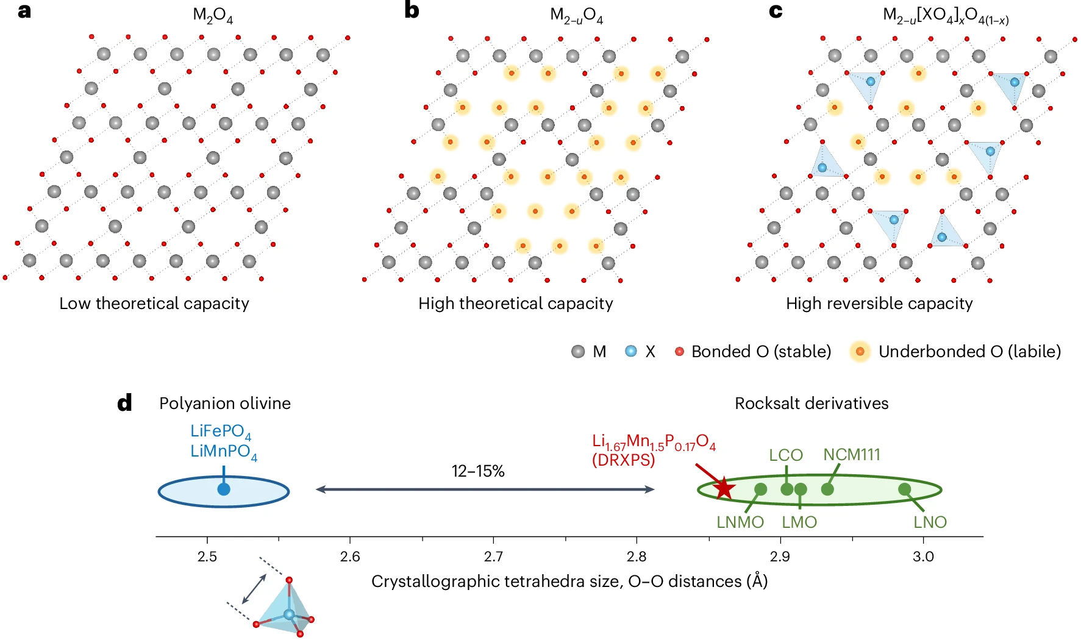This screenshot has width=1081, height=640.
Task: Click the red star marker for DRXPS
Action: pos(724,488)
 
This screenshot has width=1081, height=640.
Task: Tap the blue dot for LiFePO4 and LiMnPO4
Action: pos(224,489)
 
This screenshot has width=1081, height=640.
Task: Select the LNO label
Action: pos(930,522)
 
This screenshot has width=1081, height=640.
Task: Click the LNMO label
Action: pos(740,522)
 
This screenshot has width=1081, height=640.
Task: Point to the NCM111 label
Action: pos(852,455)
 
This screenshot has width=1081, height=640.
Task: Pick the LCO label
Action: pos(785,455)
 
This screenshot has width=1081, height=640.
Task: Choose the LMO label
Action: pos(799,522)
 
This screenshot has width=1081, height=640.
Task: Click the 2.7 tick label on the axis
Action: pos(493,556)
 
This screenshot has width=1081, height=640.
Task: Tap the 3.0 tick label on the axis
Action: pos(923,556)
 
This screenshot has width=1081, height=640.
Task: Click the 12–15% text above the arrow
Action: pos(478,471)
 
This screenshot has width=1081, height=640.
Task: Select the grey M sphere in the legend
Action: pos(578,352)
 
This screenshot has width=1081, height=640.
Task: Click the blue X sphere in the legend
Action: pos(631,352)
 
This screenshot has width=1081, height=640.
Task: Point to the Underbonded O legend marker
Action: pos(860,352)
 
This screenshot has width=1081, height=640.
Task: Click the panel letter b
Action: pos(412,10)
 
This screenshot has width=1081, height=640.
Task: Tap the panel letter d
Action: pos(124,403)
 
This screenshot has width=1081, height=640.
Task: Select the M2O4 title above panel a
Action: pos(213,15)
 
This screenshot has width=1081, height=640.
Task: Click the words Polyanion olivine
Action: pos(225,404)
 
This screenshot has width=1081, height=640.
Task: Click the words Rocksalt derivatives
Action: pos(812,404)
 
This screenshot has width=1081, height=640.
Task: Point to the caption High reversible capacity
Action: pos(879,304)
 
